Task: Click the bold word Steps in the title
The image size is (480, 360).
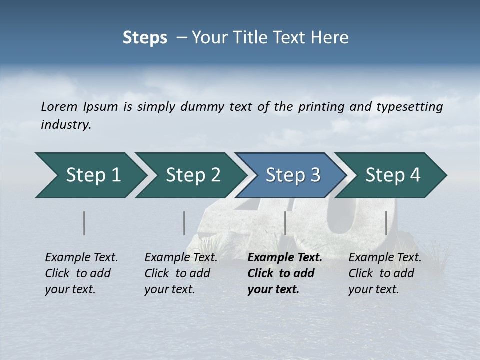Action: (x=145, y=38)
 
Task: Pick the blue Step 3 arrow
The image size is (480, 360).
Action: (x=293, y=175)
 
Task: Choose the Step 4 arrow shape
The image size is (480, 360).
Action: (x=393, y=175)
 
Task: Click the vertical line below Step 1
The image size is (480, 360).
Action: (x=84, y=223)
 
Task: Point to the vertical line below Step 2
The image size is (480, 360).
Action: (x=184, y=223)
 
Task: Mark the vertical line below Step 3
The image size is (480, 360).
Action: (x=285, y=223)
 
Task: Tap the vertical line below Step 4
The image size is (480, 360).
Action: (x=386, y=223)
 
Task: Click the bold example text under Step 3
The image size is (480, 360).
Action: (x=285, y=273)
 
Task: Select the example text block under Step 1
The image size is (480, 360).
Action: (x=81, y=273)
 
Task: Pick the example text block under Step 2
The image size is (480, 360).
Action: (x=181, y=273)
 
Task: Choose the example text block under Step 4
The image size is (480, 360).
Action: (x=385, y=273)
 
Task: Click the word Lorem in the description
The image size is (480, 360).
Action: (x=59, y=107)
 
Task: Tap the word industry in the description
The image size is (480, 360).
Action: (x=66, y=125)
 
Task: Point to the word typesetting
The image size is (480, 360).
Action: (x=409, y=107)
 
